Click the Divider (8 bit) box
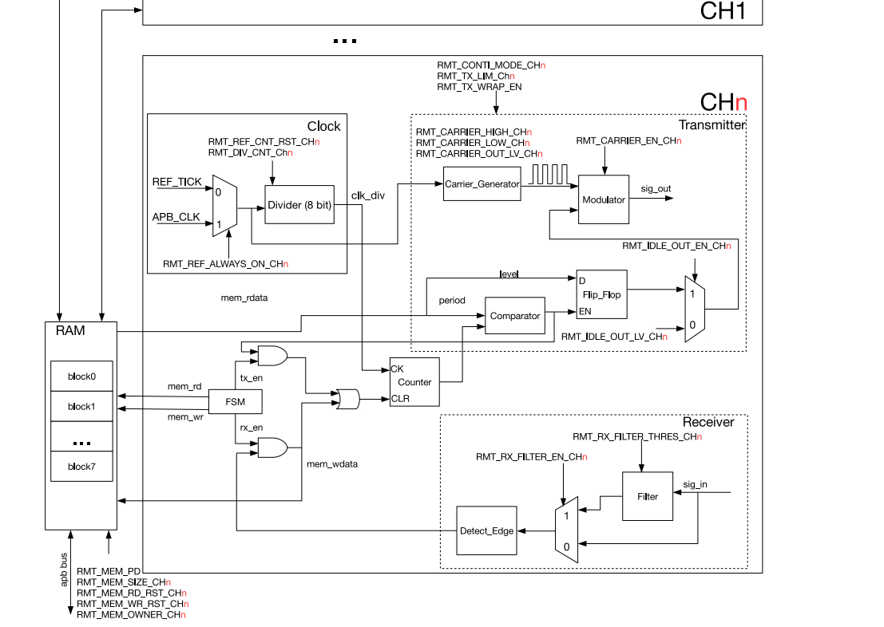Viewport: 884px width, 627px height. coord(299,205)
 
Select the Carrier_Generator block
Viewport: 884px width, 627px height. coord(482,184)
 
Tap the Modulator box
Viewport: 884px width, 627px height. coord(603,199)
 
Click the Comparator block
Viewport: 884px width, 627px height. coord(515,316)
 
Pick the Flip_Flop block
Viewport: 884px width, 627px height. coord(601,294)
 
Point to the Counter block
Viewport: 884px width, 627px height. coord(414,382)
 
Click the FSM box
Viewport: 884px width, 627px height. coord(236,401)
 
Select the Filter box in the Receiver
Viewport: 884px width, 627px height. coord(648,496)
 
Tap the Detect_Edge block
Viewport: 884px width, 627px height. coord(486,530)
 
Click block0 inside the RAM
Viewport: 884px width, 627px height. coord(81,377)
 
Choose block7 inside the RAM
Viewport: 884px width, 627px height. coord(81,467)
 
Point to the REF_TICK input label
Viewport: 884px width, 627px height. coord(177,183)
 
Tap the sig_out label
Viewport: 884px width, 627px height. coord(656,189)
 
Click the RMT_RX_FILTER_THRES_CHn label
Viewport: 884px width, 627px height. coord(637,437)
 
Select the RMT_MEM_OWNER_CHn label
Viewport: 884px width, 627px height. coord(132,614)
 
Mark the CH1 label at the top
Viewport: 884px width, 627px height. coord(723,11)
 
